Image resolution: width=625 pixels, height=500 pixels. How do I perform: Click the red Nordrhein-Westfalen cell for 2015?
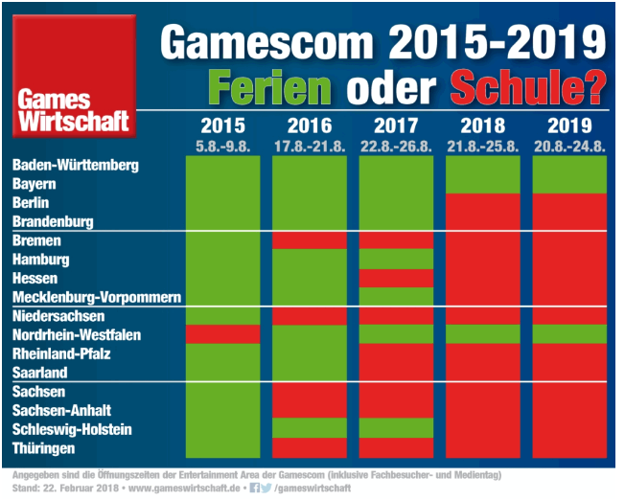pyautogui.click(x=222, y=334)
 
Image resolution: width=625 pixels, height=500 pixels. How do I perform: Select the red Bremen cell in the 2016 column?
pyautogui.click(x=309, y=240)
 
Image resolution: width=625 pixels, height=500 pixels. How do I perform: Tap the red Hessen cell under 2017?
pyautogui.click(x=396, y=278)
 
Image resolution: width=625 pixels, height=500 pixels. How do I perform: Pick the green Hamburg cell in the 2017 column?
pyautogui.click(x=396, y=259)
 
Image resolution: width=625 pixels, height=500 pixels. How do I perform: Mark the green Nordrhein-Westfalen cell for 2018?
pyautogui.click(x=482, y=334)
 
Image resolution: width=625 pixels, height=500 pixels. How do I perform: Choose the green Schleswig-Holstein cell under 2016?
pyautogui.click(x=309, y=428)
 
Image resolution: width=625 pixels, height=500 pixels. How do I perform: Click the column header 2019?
pyautogui.click(x=569, y=125)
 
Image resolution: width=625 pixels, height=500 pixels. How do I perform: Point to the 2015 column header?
pyautogui.click(x=222, y=125)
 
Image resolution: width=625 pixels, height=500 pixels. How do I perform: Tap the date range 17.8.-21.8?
pyautogui.click(x=309, y=145)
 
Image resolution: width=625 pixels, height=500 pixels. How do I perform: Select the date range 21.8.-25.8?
pyautogui.click(x=482, y=145)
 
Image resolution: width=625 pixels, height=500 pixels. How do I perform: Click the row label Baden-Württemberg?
pyautogui.click(x=76, y=165)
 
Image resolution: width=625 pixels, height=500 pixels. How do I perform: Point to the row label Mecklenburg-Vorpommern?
pyautogui.click(x=97, y=297)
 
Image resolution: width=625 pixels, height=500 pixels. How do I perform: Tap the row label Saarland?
pyautogui.click(x=40, y=372)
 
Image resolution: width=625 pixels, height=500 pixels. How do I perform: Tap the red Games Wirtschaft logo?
pyautogui.click(x=68, y=75)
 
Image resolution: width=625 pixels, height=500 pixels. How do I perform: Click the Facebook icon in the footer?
pyautogui.click(x=254, y=488)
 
